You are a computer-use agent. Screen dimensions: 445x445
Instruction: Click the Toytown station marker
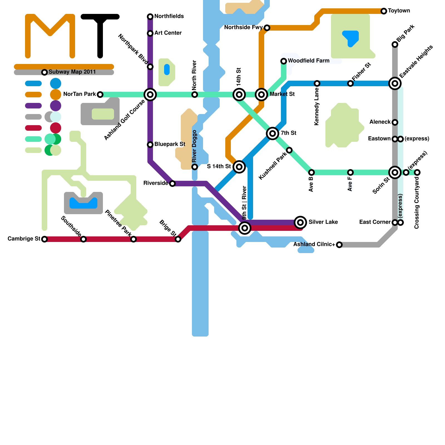384,11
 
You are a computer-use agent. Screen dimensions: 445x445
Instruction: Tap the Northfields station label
169,16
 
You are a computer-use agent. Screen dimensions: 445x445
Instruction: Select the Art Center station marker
150,33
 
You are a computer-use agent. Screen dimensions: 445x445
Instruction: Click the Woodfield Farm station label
308,61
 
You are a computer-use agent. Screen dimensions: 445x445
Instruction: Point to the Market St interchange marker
261,95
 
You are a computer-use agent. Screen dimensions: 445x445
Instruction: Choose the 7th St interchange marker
273,133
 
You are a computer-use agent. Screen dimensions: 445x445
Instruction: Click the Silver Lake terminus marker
300,222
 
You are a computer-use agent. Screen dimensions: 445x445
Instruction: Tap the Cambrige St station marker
44,239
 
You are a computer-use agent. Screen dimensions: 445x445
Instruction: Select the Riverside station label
155,183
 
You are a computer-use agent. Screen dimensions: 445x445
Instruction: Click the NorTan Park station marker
100,95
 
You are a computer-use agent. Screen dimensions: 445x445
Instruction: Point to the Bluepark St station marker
150,145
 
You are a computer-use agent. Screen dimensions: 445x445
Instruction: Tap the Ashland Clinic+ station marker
339,245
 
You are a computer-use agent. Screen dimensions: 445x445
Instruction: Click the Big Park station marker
395,44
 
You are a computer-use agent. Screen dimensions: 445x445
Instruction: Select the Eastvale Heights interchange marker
395,83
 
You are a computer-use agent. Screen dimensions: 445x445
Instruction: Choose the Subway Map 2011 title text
72,72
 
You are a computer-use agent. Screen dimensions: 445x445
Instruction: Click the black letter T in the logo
100,33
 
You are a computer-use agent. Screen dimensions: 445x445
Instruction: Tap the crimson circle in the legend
56,128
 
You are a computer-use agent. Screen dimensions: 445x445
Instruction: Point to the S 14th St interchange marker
239,167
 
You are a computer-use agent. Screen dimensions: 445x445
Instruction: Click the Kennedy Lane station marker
317,83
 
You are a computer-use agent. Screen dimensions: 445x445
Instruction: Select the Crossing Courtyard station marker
417,172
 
